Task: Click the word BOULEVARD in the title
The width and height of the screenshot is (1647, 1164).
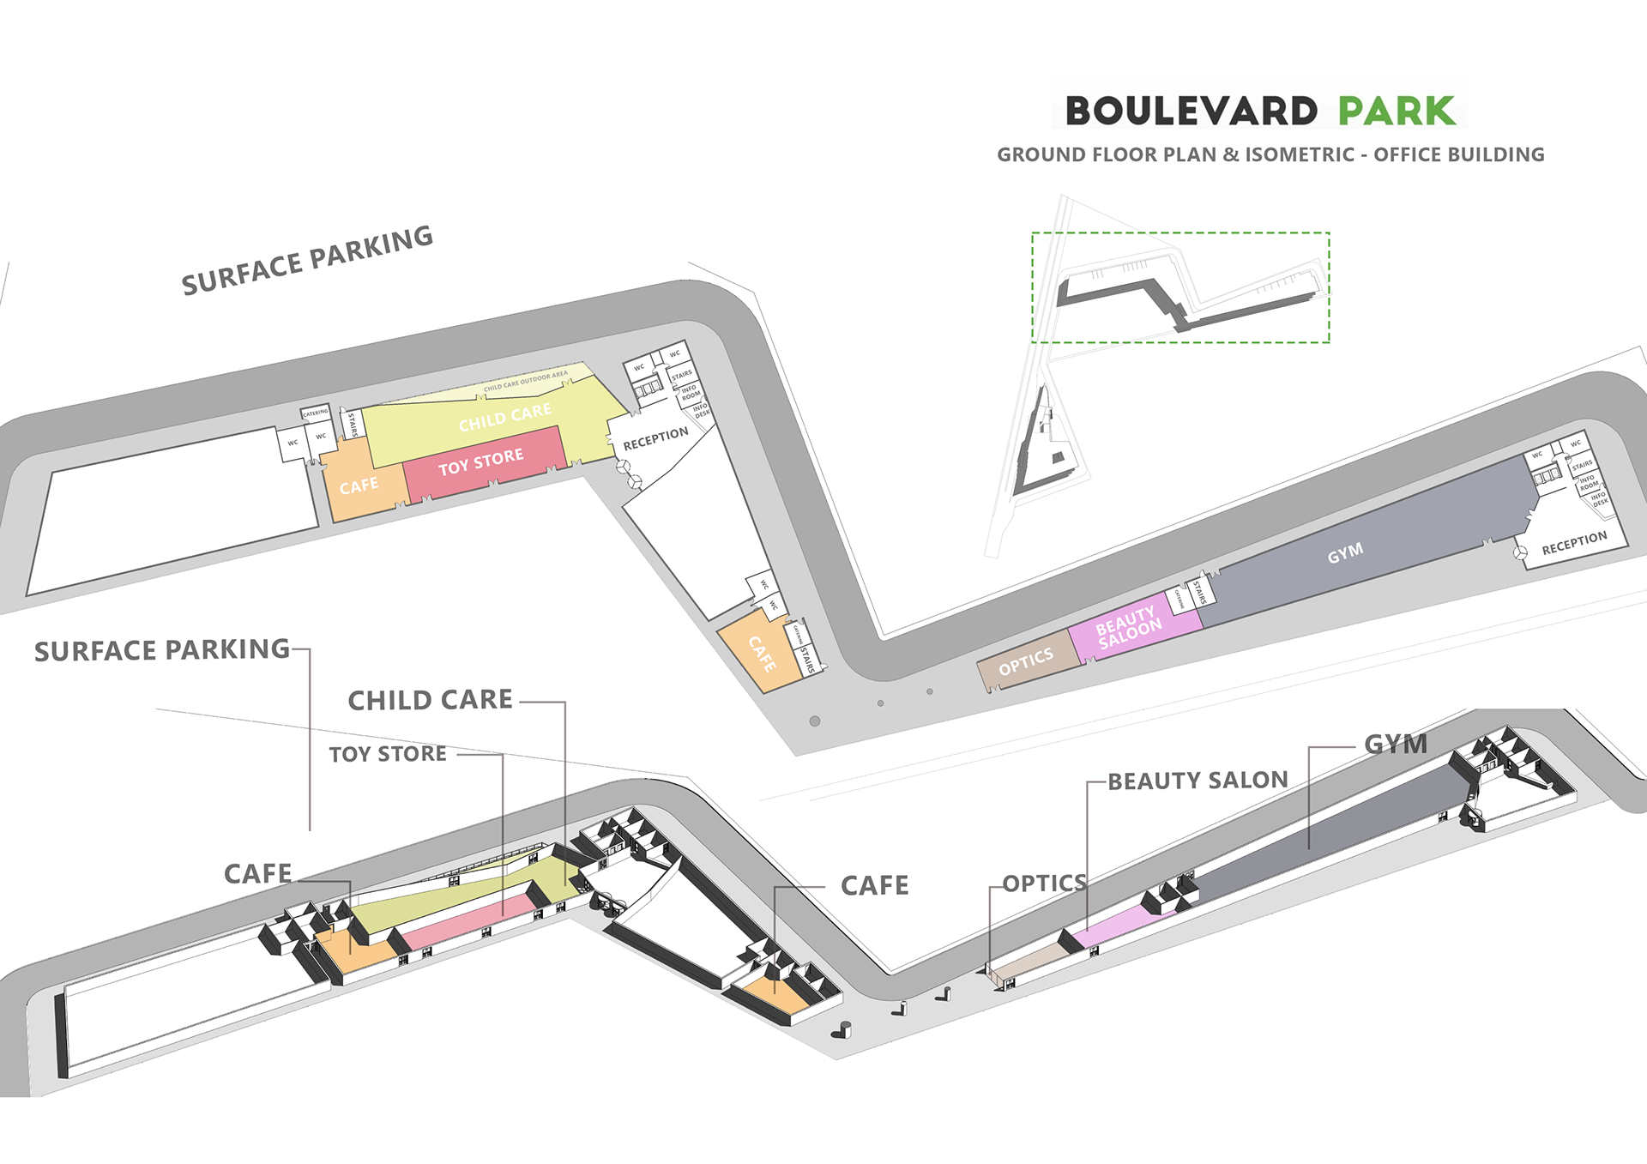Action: pyautogui.click(x=1191, y=112)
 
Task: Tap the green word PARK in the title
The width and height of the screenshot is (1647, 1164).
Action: pyautogui.click(x=1397, y=112)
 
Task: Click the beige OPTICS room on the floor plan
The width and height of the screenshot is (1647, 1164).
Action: pyautogui.click(x=1026, y=661)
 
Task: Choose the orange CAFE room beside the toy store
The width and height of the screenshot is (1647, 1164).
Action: pyautogui.click(x=359, y=486)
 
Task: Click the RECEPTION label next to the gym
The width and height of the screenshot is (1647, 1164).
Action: pyautogui.click(x=1574, y=543)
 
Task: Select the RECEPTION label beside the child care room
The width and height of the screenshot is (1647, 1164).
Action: pyautogui.click(x=655, y=438)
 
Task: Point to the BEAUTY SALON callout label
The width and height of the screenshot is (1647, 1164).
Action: pyautogui.click(x=1198, y=781)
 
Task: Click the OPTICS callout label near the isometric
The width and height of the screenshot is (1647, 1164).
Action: pyautogui.click(x=1044, y=883)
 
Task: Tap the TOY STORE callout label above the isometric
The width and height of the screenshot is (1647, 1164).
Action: pyautogui.click(x=388, y=754)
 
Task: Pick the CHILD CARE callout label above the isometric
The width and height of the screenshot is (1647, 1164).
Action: pyautogui.click(x=430, y=700)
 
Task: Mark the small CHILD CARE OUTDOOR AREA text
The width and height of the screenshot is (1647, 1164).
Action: pyautogui.click(x=525, y=381)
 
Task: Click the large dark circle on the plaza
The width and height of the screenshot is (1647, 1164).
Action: pyautogui.click(x=815, y=721)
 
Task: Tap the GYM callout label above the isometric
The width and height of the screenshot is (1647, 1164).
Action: pyautogui.click(x=1396, y=744)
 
